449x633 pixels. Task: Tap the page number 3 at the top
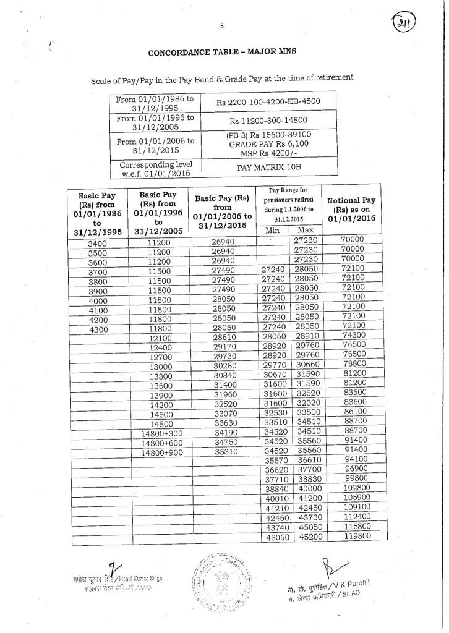click(220, 25)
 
